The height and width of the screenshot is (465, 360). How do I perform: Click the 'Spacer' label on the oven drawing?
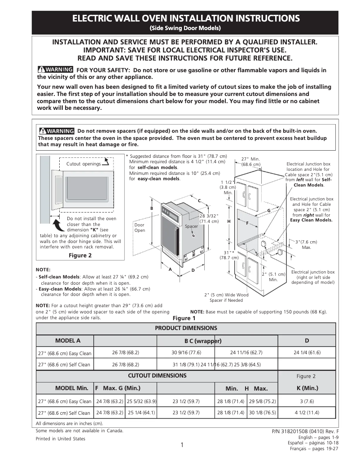tap(192, 226)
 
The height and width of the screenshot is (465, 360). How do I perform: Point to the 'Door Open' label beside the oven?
tap(140, 227)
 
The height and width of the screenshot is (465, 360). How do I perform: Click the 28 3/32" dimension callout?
tap(209, 218)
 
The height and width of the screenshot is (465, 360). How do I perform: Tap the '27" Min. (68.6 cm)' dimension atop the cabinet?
tap(250, 161)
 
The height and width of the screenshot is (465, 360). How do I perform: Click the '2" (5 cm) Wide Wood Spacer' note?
tap(226, 297)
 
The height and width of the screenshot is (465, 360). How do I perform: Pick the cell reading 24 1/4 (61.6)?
tap(307, 352)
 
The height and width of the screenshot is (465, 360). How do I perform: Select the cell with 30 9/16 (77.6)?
tap(187, 352)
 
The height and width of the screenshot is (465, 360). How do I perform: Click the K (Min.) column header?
tap(307, 388)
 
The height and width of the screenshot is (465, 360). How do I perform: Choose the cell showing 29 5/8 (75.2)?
tap(263, 401)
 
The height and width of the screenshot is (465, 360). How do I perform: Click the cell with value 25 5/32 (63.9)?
tap(141, 401)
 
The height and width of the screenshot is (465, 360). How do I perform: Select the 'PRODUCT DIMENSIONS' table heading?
tap(186, 328)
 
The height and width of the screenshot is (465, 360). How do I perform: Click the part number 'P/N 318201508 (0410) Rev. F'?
tap(305, 431)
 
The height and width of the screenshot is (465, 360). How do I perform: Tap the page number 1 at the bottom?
tap(182, 445)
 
